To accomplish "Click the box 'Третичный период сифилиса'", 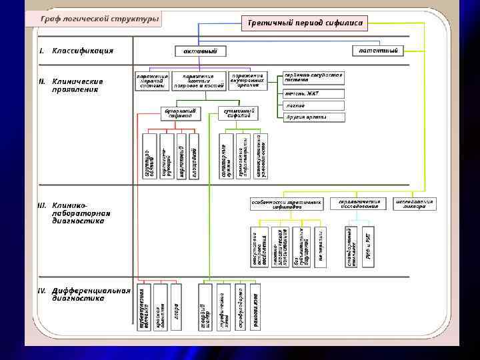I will tap(305, 23).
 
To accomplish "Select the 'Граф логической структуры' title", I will tap(100, 19).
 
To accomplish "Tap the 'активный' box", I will tap(200, 51).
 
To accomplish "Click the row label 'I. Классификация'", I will tap(75, 51).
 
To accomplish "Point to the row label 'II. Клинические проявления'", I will tap(79, 85).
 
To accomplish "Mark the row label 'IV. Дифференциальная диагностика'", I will tap(83, 295).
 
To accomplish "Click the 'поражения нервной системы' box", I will tap(152, 81).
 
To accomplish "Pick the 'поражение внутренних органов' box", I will tap(247, 81).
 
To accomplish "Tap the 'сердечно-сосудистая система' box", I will tap(313, 78).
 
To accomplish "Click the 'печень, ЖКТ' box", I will tap(313, 93).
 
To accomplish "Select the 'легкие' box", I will tap(313, 105).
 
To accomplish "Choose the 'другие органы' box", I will tap(313, 117).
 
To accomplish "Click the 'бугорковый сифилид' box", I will tap(180, 113).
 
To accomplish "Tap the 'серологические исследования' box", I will tap(359, 203).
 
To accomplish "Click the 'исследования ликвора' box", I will tap(415, 203).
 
